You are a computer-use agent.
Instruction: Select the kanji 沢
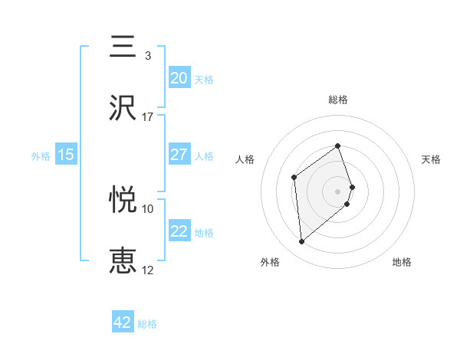pos(123,107)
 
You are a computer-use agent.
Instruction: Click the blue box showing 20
pos(179,77)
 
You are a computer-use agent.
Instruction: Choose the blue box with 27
pos(179,155)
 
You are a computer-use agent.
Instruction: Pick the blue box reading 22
pos(179,231)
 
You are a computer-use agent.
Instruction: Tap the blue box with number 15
pos(66,155)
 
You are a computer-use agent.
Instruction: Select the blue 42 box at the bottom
pos(123,322)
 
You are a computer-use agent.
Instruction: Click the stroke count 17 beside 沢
pos(148,117)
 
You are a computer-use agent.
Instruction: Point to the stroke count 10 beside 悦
pos(148,208)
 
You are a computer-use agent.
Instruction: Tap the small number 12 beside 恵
pos(148,270)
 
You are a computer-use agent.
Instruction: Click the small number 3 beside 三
pos(147,56)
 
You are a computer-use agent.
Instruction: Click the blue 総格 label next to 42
pos(147,324)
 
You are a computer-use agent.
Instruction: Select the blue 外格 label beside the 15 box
pos(41,156)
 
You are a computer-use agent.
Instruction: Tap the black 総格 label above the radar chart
pos(337,100)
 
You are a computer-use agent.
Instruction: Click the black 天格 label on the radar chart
pos(431,159)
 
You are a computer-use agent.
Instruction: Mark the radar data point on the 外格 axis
pos(302,242)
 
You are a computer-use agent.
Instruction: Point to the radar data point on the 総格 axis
pos(337,146)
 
